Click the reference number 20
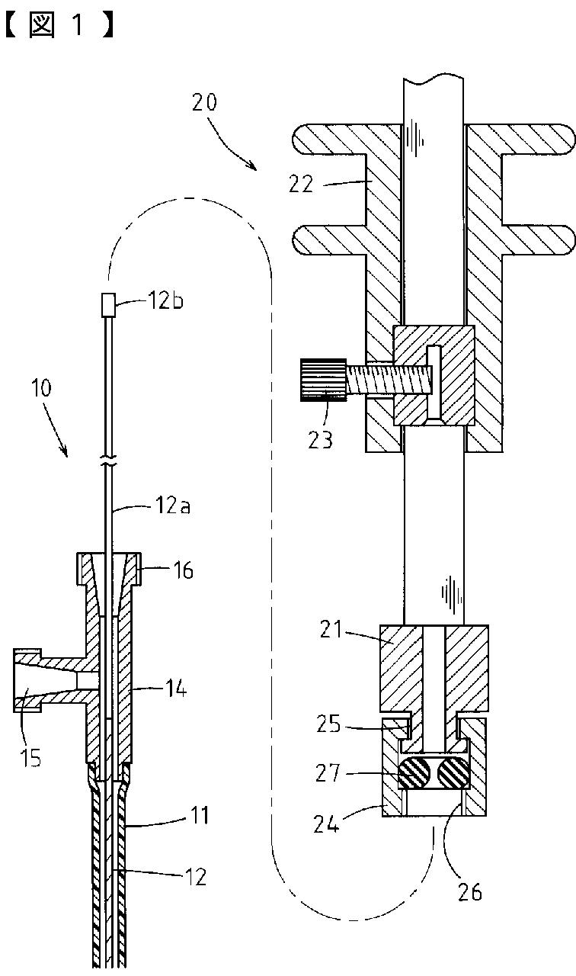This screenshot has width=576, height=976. tap(205, 102)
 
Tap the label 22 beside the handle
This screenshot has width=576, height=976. tap(301, 185)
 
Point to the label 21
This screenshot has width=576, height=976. tap(331, 630)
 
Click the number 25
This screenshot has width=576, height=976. tap(328, 724)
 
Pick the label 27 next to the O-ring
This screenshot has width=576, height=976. tap(328, 773)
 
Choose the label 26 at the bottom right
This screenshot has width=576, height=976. tap(470, 892)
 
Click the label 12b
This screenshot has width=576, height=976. tap(165, 300)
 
